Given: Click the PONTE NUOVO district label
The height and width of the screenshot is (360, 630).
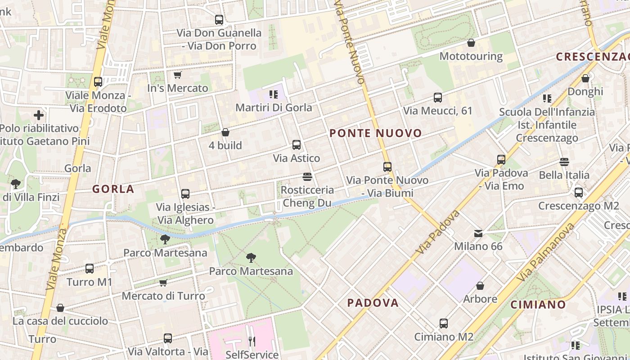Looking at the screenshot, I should point(376,133).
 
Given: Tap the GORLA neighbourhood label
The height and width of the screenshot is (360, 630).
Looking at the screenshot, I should point(113,189).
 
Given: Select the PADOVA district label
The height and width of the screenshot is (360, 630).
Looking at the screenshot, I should point(373,303).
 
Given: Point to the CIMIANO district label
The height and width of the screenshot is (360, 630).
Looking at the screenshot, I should point(538,305).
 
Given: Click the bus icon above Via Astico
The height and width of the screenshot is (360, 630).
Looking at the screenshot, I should point(297,145).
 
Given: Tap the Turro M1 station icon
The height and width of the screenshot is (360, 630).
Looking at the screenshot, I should point(90,269).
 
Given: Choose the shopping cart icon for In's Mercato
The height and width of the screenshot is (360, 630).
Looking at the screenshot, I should point(177,75).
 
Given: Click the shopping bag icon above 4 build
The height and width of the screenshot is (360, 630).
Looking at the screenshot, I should point(225,132).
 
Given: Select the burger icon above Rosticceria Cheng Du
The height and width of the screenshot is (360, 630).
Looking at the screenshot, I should point(307,176).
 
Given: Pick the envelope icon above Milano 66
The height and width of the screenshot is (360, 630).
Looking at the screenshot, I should point(478,233).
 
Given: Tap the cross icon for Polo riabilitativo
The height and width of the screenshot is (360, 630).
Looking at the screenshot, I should point(39,115).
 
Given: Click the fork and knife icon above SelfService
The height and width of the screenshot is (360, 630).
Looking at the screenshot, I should point(252,342).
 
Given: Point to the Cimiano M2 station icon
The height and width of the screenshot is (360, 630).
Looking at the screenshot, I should point(444,324).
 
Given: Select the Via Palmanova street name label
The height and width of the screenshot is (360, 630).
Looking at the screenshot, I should point(546,252).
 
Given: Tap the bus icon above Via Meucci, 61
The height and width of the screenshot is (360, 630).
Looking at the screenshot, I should point(437,97).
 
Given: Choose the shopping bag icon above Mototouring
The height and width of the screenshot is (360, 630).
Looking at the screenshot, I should point(471,43).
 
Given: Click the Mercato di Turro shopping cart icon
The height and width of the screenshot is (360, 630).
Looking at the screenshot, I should point(163,283).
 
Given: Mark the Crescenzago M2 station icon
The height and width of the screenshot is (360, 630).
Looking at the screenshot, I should point(579,193).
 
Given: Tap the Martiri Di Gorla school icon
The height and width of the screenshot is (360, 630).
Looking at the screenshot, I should point(274,94).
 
